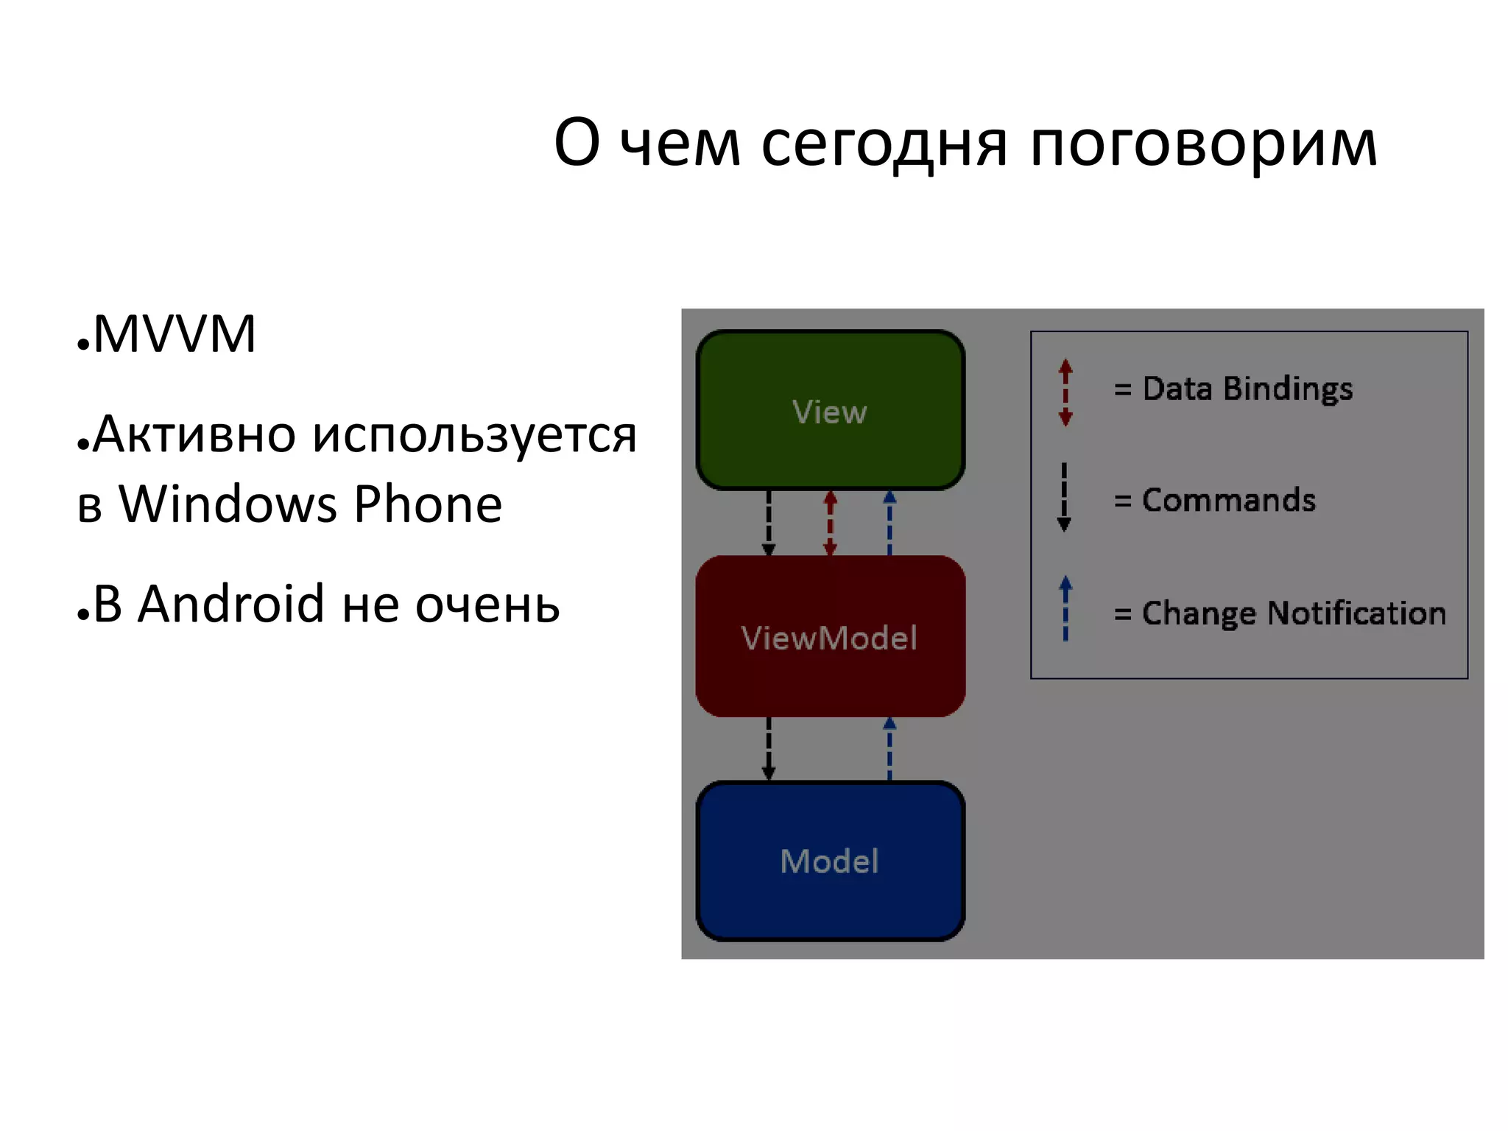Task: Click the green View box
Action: (x=830, y=410)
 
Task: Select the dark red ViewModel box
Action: (x=830, y=636)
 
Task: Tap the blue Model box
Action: (x=830, y=861)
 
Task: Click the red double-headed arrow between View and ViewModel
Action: (x=830, y=523)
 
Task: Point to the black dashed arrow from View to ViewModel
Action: (x=769, y=523)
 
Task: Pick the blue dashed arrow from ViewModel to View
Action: (x=889, y=523)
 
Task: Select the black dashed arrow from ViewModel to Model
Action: (x=769, y=748)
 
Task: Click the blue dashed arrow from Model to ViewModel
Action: (x=889, y=748)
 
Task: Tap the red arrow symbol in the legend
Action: (x=1065, y=392)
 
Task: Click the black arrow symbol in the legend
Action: (x=1064, y=498)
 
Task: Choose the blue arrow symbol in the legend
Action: (x=1065, y=608)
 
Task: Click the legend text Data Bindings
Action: (x=1247, y=388)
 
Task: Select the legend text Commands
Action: (x=1229, y=500)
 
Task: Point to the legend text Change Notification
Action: (x=1294, y=613)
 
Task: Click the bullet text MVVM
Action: (x=175, y=334)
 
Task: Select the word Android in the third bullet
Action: (x=230, y=604)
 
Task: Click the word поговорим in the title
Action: (x=1202, y=143)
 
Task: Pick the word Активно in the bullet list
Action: (x=194, y=434)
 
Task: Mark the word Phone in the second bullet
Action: (x=428, y=504)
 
